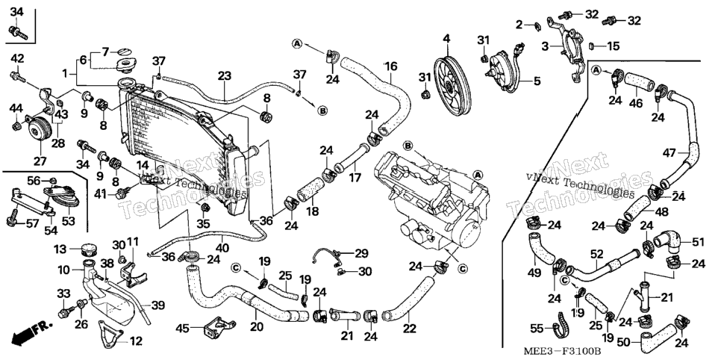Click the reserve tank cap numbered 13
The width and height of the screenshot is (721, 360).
tap(87, 251)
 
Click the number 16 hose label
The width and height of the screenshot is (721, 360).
tap(390, 67)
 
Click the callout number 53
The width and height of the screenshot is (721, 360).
tap(68, 222)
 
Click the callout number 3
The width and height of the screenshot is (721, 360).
tap(546, 46)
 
